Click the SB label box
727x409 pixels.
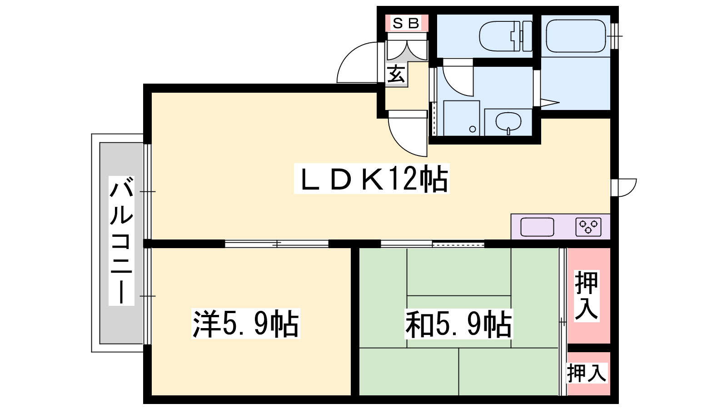point(406,23)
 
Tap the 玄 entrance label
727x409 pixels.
point(396,74)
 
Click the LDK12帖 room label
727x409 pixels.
point(372,179)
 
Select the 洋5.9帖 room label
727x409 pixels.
point(246,324)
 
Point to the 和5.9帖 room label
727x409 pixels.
point(459,324)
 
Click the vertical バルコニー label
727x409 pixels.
point(121,240)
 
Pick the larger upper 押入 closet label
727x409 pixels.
point(587,296)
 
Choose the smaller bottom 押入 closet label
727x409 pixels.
point(587,373)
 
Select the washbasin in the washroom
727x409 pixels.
point(508,122)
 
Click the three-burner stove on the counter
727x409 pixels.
point(588,227)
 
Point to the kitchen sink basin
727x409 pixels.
point(537,227)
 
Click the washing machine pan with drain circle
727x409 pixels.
point(462,118)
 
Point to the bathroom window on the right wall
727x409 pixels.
point(614,36)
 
